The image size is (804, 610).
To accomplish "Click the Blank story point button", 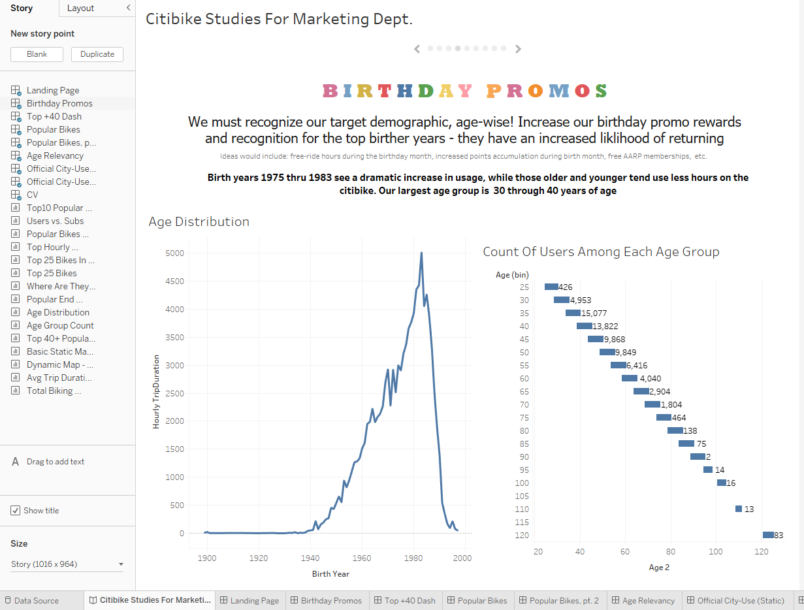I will coord(37,54).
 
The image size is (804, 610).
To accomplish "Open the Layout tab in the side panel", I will coord(80,8).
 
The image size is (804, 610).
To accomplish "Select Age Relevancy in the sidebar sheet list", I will coord(55,155).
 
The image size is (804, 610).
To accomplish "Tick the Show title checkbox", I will coord(16,511).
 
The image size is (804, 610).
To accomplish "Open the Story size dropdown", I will coord(67,564).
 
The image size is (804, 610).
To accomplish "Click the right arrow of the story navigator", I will coord(518,48).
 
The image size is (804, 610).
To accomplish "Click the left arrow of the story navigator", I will coord(417,48).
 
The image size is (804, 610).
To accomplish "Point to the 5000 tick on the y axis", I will coord(174,253).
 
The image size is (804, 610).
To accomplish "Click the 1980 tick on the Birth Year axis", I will coord(412,558).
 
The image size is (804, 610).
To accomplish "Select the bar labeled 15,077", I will coord(573,313).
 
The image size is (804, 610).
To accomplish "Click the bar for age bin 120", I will coord(768,535).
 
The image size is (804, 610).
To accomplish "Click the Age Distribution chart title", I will coord(199,221).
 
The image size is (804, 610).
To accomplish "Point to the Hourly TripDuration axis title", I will coord(156,392).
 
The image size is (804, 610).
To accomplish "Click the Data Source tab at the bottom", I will coord(36,601).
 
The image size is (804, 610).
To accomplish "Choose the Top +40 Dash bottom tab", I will coord(410,601).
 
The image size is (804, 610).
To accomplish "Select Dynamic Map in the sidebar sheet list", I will coord(59,364).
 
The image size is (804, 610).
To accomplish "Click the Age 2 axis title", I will coord(658,568).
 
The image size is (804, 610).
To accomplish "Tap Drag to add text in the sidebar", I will coord(56,462).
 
